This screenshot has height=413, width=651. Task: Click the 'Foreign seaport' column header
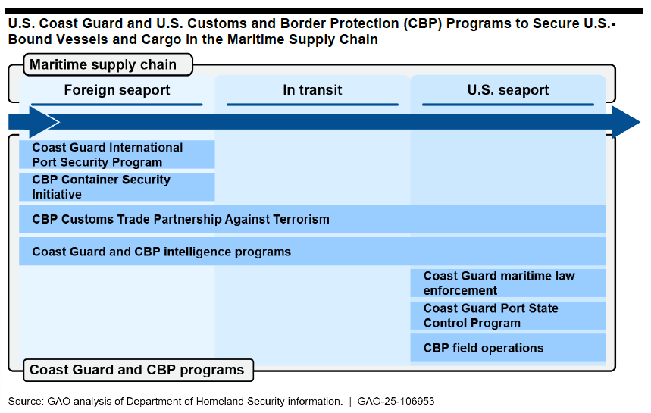click(x=117, y=90)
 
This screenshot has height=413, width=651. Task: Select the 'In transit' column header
click(x=312, y=90)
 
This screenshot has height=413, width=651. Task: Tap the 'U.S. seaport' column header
click(x=508, y=90)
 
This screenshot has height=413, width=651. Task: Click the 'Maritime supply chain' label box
click(x=108, y=64)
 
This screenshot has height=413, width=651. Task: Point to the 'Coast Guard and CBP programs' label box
click(x=138, y=370)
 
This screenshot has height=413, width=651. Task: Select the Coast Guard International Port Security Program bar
click(x=117, y=155)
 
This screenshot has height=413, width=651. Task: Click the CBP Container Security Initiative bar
click(x=117, y=186)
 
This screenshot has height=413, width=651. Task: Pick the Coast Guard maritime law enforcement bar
click(x=508, y=283)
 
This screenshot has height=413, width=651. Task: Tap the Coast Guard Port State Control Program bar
click(x=508, y=315)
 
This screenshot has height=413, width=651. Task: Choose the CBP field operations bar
click(x=508, y=348)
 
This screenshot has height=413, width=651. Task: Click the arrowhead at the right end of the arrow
click(x=626, y=122)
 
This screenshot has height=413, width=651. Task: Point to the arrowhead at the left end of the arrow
click(x=44, y=122)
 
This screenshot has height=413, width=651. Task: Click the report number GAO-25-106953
click(x=396, y=402)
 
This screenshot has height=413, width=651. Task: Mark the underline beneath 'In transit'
click(x=312, y=105)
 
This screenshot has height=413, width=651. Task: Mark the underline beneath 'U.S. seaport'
click(x=508, y=105)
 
